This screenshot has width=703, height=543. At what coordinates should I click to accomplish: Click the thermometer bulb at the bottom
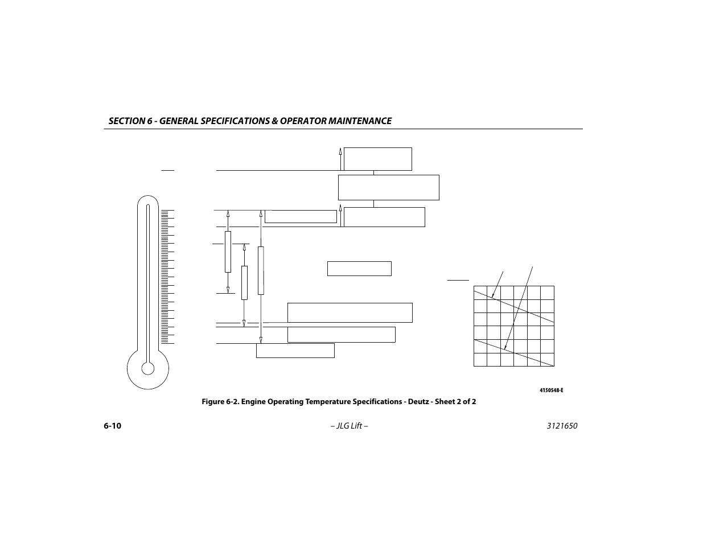(148, 368)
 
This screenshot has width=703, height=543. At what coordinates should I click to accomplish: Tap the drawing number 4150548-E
(551, 390)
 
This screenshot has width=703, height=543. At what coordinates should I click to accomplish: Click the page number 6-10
(112, 426)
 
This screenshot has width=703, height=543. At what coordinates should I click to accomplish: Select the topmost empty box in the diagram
(377, 159)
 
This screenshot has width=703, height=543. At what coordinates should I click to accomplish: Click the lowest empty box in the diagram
(295, 351)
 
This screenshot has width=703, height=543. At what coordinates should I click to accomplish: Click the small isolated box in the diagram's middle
(359, 269)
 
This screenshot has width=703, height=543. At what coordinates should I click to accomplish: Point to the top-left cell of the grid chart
(480, 293)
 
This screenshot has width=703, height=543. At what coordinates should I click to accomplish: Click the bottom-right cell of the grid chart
(547, 360)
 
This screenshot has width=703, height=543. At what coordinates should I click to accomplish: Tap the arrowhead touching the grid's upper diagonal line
(494, 295)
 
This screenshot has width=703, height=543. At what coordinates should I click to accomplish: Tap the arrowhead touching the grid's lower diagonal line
(505, 347)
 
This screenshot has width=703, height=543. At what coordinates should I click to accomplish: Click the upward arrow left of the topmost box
(340, 152)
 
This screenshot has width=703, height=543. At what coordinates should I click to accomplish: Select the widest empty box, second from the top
(388, 187)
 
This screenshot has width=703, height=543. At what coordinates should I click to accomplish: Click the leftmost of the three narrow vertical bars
(228, 252)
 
